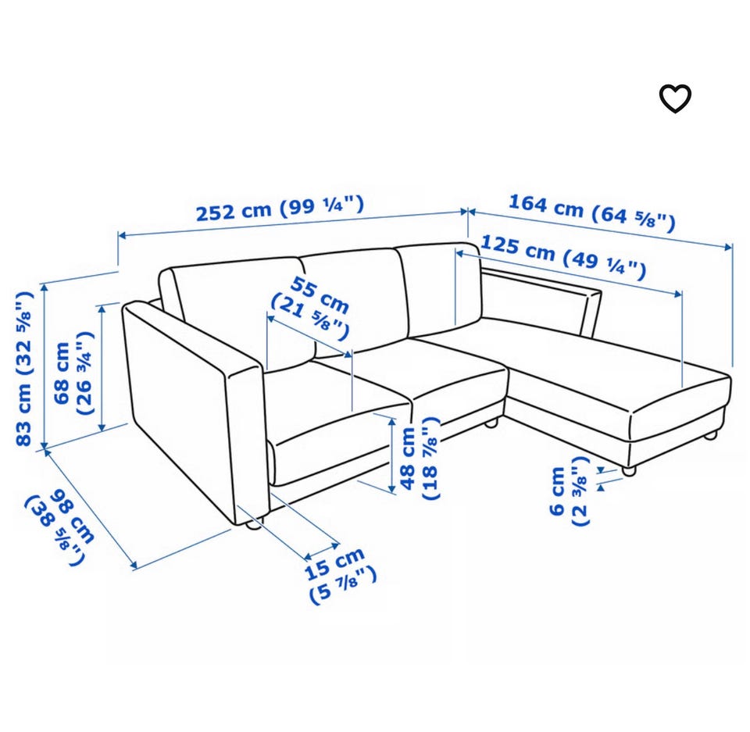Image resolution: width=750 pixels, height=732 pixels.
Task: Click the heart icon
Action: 675,98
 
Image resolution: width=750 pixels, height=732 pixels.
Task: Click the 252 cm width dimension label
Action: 280,209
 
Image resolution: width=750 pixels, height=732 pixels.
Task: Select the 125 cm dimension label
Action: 563,256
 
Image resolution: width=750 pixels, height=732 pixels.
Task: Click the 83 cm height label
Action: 24,368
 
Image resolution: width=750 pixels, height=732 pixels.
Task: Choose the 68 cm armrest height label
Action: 73,373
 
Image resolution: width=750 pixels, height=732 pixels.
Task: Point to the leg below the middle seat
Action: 491,423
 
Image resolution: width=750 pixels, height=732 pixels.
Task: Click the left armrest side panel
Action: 191,412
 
